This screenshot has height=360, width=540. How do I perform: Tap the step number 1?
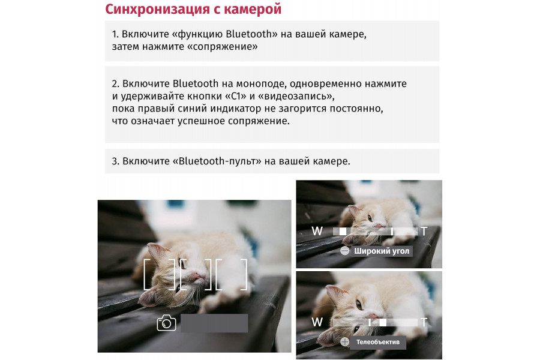click(x=115, y=34)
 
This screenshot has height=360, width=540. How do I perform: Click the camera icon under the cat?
click(x=166, y=323)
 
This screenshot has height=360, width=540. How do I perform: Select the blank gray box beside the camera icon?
click(x=214, y=323)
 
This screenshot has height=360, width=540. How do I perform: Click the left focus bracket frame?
click(x=159, y=275)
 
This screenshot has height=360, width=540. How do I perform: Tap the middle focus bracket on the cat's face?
click(x=195, y=275)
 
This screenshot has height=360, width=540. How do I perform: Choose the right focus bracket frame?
click(x=232, y=275)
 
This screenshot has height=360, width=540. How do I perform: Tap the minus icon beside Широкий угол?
click(x=344, y=251)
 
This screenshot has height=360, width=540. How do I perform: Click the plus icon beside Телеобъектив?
click(x=344, y=342)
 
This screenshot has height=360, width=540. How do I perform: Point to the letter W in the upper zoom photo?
click(x=317, y=231)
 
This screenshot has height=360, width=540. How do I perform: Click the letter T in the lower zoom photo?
click(x=424, y=322)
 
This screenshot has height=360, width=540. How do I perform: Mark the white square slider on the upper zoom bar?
click(x=343, y=231)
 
